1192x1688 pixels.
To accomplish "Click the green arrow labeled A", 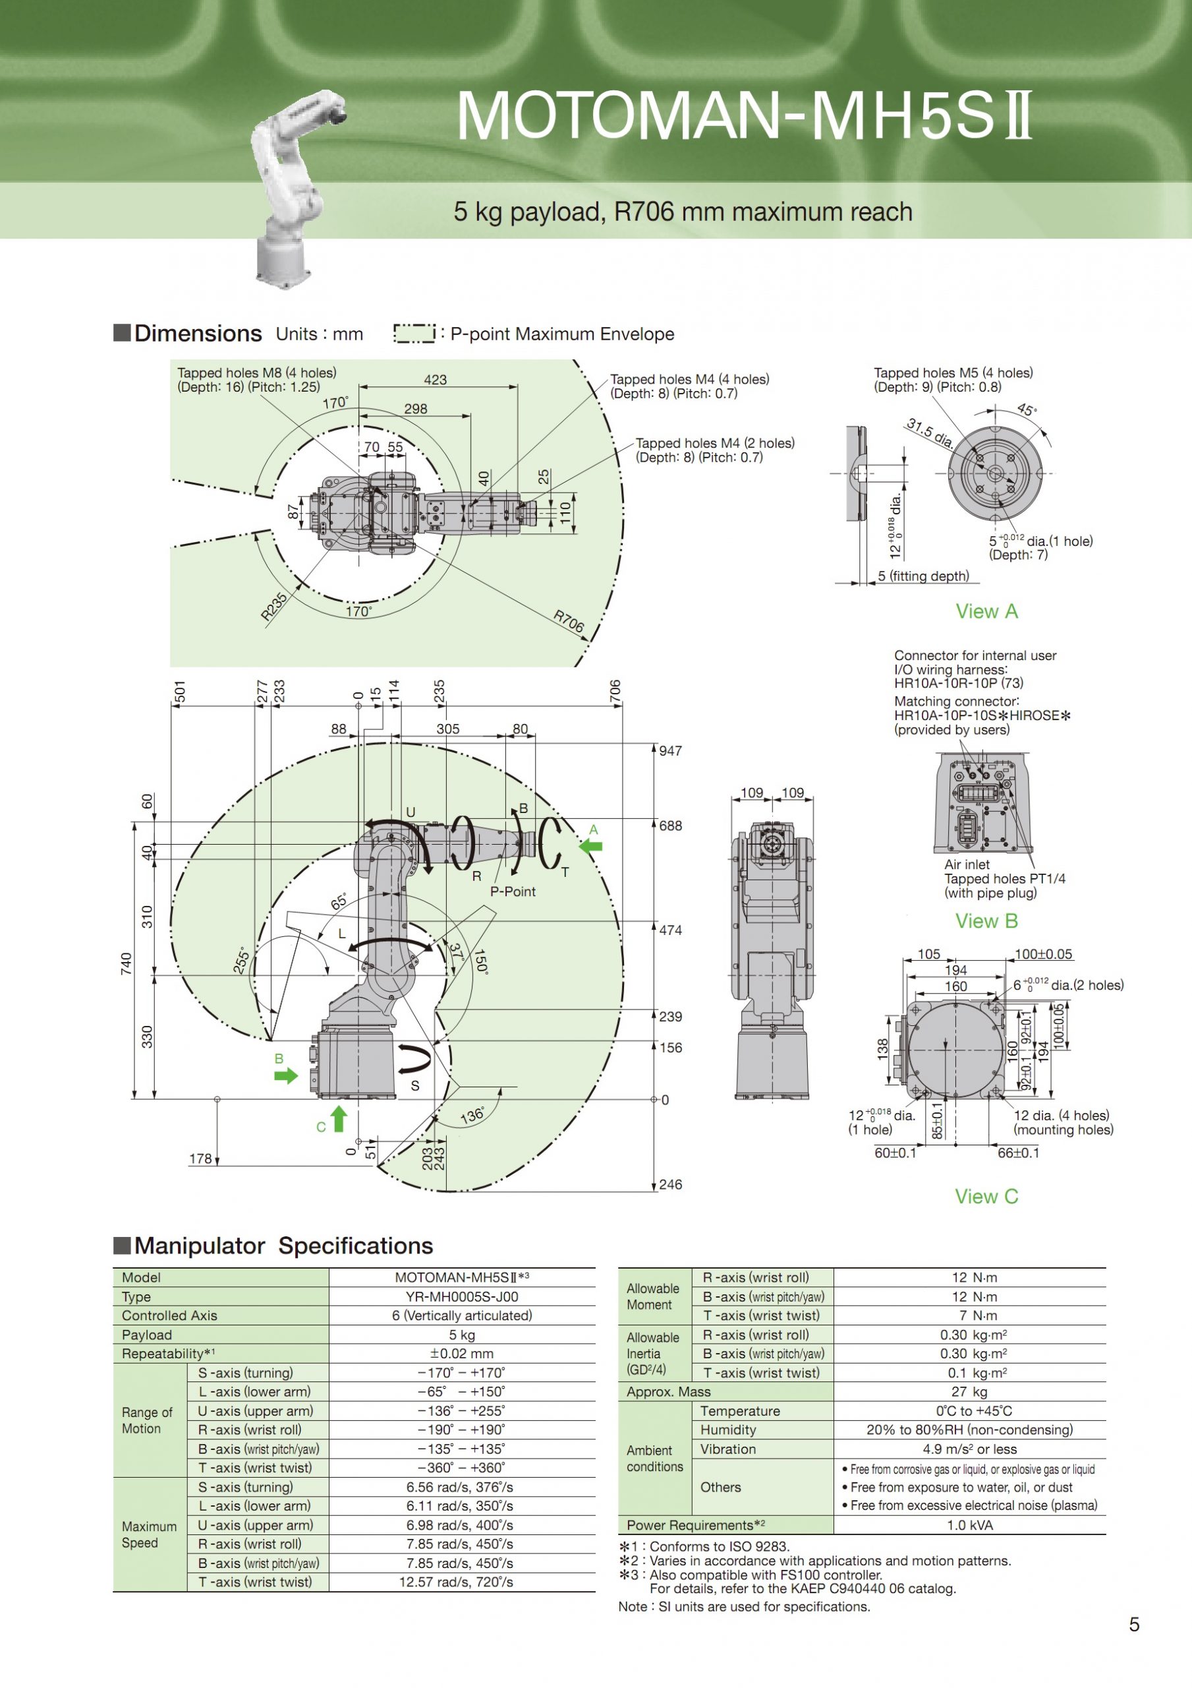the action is click(591, 845).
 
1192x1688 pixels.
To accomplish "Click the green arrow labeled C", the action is click(338, 1119).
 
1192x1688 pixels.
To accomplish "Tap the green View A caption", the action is click(986, 611).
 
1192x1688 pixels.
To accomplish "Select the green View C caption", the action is click(986, 1196).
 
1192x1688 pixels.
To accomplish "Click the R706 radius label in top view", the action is click(569, 621).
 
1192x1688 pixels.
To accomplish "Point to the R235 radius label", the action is click(274, 607).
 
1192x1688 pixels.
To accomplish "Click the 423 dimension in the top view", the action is click(435, 379).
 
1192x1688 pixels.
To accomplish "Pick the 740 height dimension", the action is click(126, 964).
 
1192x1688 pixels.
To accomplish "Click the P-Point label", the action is click(513, 891).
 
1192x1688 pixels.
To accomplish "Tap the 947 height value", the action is click(670, 750).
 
